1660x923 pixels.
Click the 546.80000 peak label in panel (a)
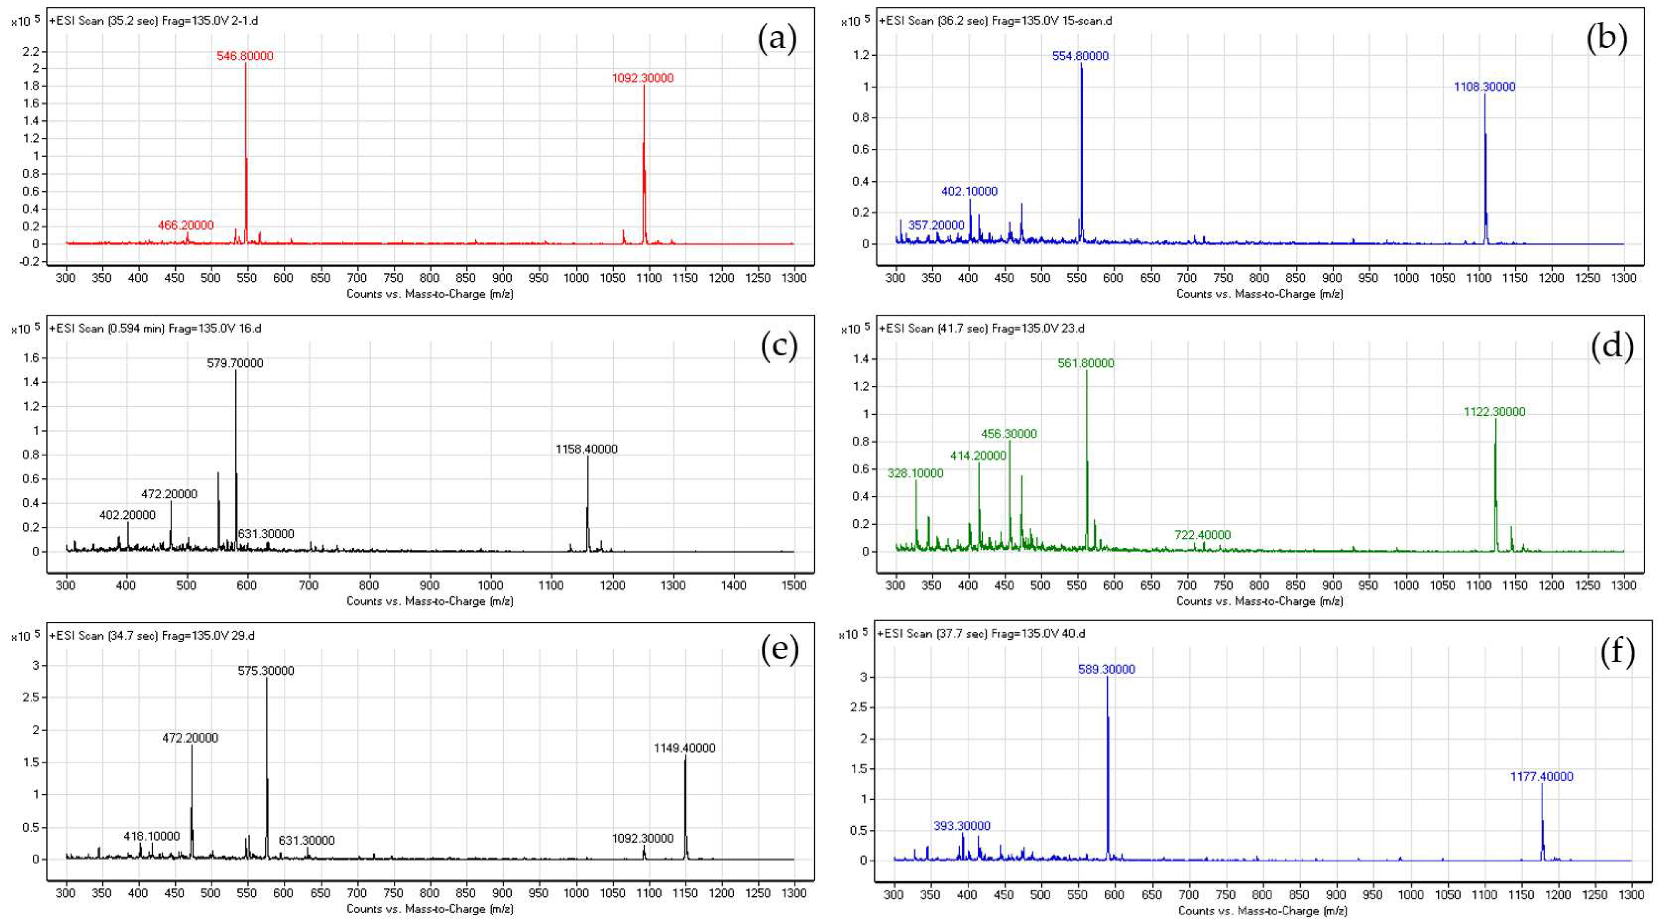click(245, 56)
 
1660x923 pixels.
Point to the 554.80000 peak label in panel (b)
click(1080, 56)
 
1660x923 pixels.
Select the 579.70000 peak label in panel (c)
click(235, 364)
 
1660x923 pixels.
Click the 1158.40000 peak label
click(586, 449)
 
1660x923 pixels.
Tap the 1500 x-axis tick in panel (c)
click(793, 585)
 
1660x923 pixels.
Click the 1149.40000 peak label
click(684, 748)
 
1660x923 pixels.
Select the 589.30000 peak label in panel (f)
click(1107, 670)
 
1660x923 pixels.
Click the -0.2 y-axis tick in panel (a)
click(30, 262)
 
